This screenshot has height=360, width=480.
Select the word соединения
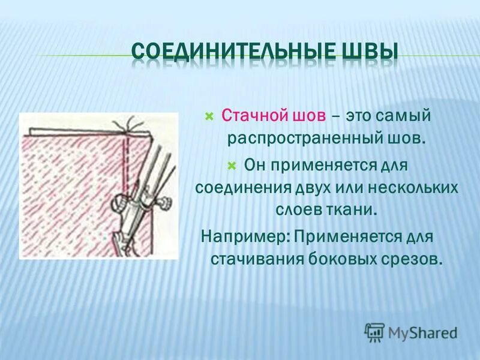click(242, 188)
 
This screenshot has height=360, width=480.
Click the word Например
click(244, 235)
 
